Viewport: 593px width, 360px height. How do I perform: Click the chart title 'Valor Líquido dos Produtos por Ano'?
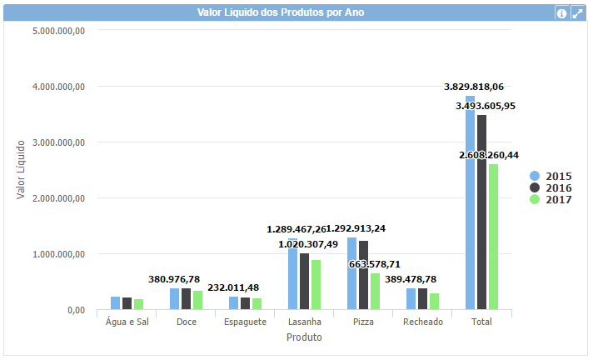[280, 12]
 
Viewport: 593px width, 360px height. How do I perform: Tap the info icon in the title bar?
[561, 13]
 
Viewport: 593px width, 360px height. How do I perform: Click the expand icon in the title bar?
[576, 13]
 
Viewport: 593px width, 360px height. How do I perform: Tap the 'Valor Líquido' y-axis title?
[22, 170]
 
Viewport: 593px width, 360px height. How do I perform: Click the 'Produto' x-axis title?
[304, 337]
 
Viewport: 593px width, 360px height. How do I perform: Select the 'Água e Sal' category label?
[127, 322]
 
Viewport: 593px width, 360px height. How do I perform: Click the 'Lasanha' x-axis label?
[304, 322]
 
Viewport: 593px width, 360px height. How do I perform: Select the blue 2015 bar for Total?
[470, 203]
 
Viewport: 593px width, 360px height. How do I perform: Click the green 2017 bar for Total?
[494, 237]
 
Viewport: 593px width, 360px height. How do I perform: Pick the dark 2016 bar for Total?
[482, 212]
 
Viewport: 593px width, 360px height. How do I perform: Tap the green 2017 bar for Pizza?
[375, 292]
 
